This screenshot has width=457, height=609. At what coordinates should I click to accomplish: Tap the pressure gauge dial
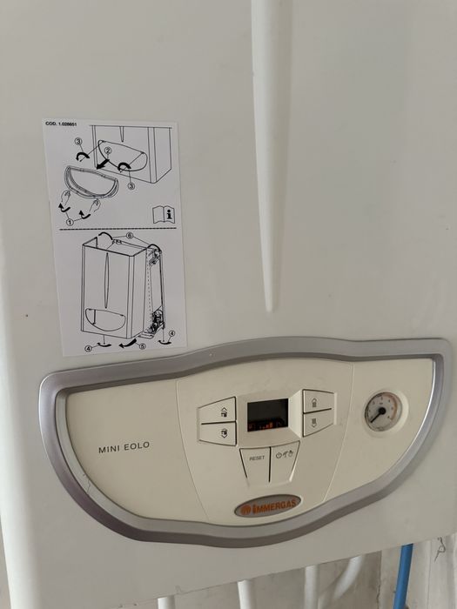click(x=382, y=411)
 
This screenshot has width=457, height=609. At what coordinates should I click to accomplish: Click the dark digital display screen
click(x=267, y=415)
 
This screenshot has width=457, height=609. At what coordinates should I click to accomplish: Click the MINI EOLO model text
click(x=124, y=446)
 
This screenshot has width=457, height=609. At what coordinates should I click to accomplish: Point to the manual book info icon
click(x=164, y=213)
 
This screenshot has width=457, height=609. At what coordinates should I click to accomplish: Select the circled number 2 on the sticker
click(x=107, y=151)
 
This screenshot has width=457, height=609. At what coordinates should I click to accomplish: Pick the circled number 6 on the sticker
click(x=130, y=236)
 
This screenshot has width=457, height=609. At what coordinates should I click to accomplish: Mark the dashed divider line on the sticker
click(x=113, y=229)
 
